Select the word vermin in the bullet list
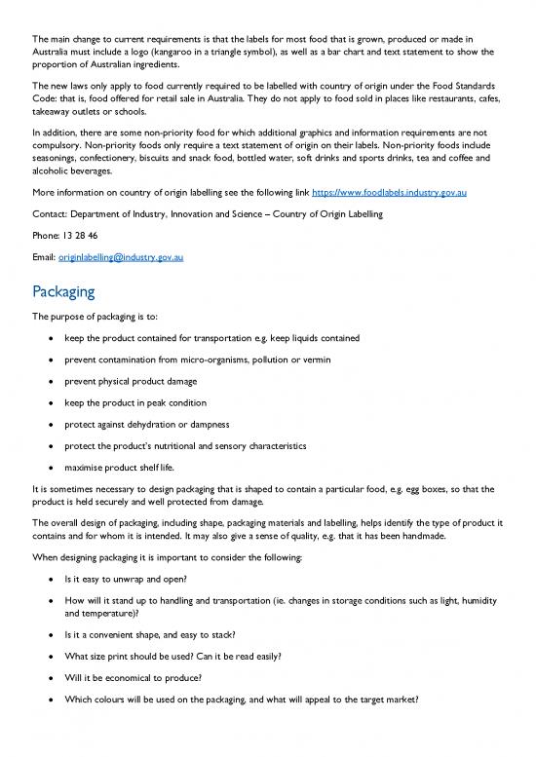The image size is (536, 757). [x=312, y=360]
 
